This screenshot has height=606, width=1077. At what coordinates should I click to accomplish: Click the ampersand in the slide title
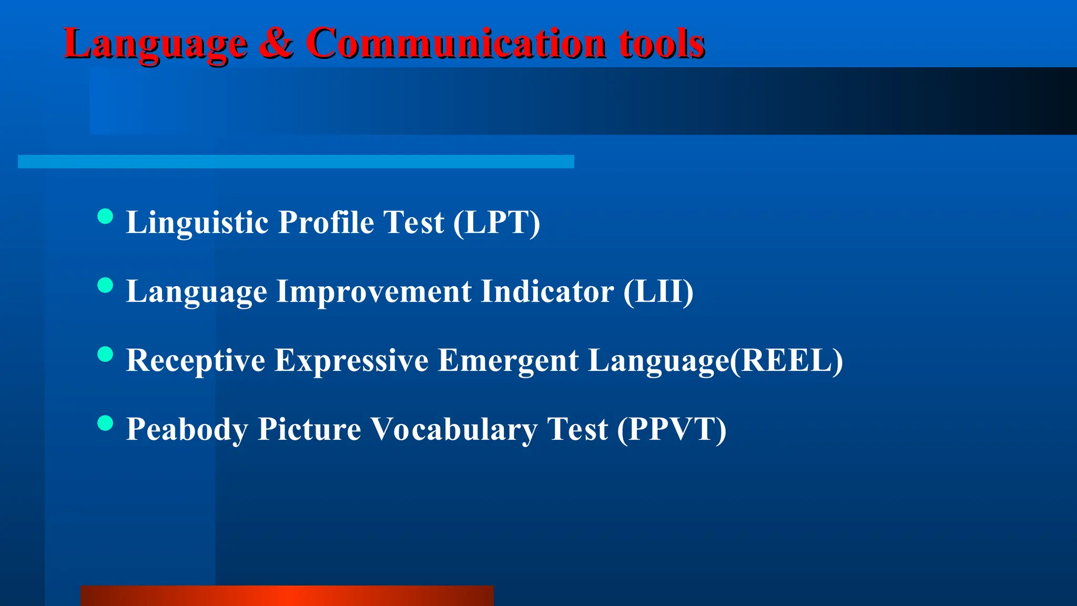coord(276,43)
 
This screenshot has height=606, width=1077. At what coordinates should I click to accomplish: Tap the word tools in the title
coord(662,43)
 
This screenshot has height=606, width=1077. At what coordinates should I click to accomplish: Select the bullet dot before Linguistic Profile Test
coord(106,216)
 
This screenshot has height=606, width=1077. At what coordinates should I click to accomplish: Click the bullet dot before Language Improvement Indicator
coord(106,285)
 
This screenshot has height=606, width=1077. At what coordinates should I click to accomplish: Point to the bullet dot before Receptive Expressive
coord(106,354)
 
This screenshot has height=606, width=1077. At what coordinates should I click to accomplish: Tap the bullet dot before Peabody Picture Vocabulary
coord(106,423)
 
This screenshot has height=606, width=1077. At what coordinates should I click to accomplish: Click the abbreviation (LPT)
coord(496,222)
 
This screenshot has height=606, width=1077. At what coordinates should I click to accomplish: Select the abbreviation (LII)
coord(658,291)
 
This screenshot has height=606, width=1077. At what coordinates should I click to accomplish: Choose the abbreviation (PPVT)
coord(672,429)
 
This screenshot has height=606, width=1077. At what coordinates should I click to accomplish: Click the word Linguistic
coord(198,223)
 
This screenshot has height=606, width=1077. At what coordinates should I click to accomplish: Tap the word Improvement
coord(374,292)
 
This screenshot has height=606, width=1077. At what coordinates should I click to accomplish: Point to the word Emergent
coord(508,361)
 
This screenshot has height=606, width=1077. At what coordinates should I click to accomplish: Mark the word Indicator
coord(547,291)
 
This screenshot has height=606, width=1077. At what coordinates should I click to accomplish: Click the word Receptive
coord(196,361)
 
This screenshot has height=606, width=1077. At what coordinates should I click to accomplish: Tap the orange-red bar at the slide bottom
coord(287,595)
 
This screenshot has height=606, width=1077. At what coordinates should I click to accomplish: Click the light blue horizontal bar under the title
coord(296,161)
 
